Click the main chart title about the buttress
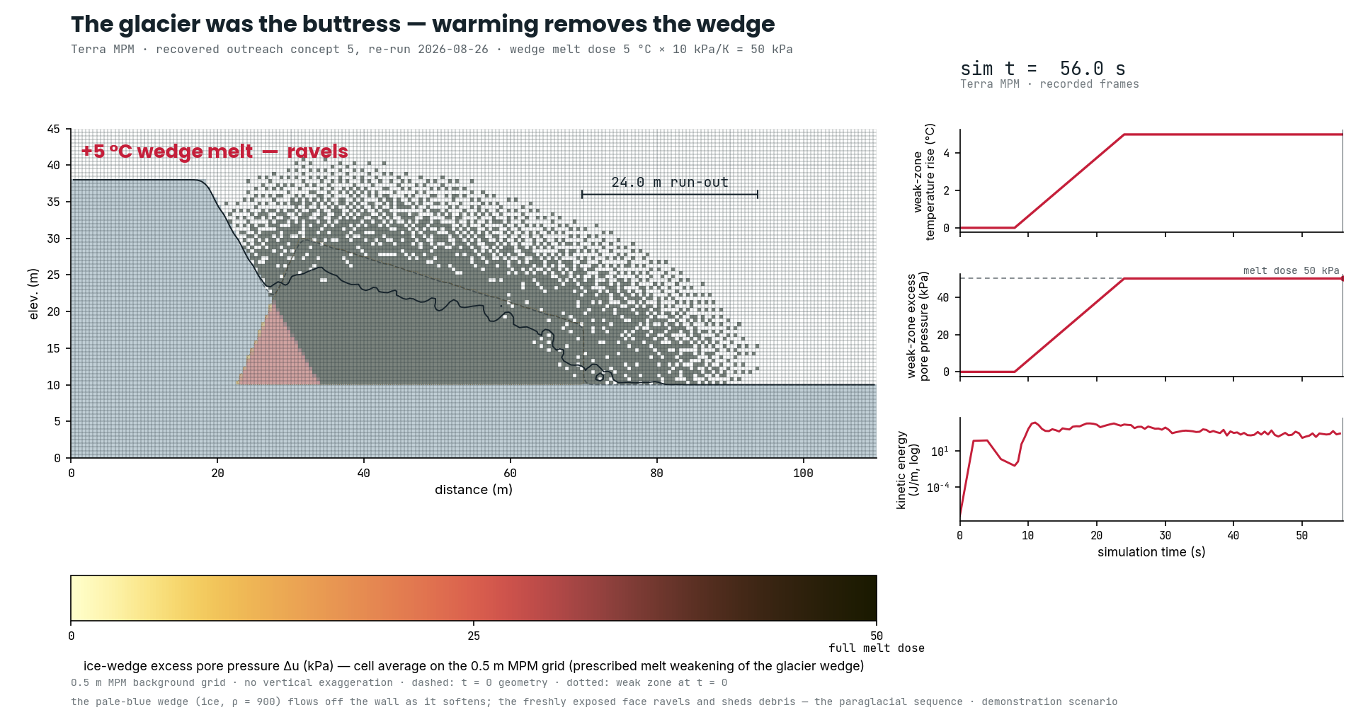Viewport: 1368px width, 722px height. [x=423, y=24]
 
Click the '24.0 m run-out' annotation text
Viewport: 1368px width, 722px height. [x=669, y=182]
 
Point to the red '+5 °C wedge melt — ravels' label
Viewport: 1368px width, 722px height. [x=215, y=151]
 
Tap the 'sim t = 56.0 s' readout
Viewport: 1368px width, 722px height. [x=1042, y=69]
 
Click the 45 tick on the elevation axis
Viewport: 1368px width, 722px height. [x=54, y=129]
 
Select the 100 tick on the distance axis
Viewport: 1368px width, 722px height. [x=803, y=473]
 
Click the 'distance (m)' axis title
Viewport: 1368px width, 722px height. [x=474, y=490]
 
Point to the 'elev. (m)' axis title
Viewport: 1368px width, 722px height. [x=33, y=294]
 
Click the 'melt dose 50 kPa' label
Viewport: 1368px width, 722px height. [x=1292, y=270]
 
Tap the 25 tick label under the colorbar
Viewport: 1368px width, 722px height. [x=474, y=636]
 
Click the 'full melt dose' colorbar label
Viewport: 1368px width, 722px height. [x=877, y=648]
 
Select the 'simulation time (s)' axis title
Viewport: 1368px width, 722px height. [x=1151, y=552]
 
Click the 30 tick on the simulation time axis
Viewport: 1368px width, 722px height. [x=1165, y=536]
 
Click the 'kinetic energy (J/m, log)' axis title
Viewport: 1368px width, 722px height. [x=907, y=470]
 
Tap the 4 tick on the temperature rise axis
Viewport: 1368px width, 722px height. [x=947, y=153]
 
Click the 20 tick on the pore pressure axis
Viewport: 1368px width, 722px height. [x=942, y=335]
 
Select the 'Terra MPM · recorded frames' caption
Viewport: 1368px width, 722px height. [x=1049, y=84]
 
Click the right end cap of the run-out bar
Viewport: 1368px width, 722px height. [x=758, y=194]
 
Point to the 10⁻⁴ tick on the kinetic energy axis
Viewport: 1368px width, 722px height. [x=939, y=487]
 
